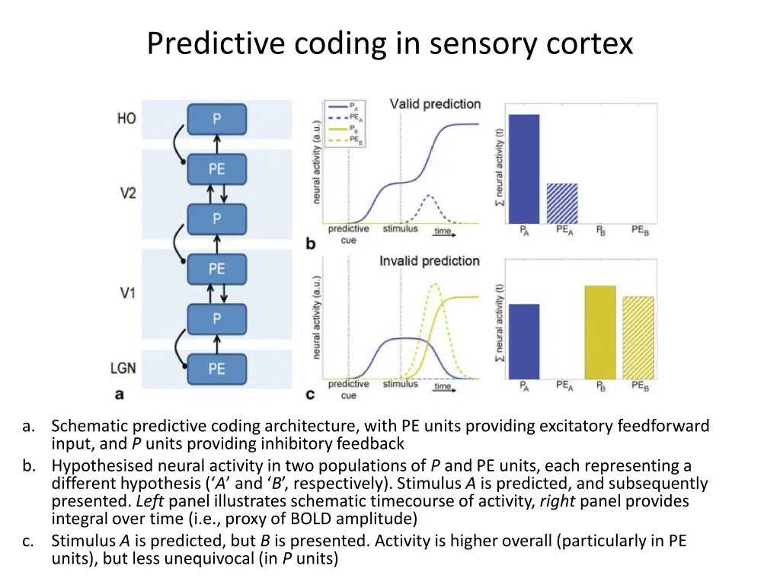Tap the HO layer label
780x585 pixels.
[126, 119]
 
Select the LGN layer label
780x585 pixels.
[123, 368]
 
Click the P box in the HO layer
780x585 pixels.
[217, 119]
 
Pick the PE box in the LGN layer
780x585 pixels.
[217, 369]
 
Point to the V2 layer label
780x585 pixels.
[127, 193]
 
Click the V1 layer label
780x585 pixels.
[127, 292]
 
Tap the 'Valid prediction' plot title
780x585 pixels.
[435, 104]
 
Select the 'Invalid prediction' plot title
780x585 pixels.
[430, 261]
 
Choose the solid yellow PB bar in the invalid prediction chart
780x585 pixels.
[599, 332]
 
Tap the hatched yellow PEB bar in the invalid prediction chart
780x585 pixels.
[638, 337]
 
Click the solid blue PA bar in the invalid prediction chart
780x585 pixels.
[524, 341]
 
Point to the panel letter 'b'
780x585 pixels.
[310, 244]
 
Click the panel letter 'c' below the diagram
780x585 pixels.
[310, 395]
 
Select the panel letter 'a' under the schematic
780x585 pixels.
[119, 395]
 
